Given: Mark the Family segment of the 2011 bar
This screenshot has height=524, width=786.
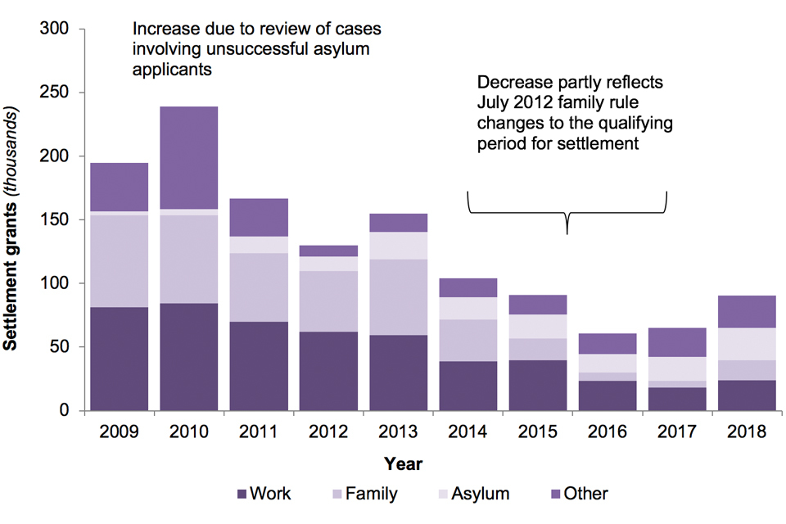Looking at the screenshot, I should tap(259, 287).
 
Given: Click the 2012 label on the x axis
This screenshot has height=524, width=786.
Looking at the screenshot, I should tap(327, 431).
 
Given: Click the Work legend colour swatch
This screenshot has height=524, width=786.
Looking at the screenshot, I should tap(242, 494).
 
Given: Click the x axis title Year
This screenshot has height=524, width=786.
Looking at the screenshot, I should tap(404, 464).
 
